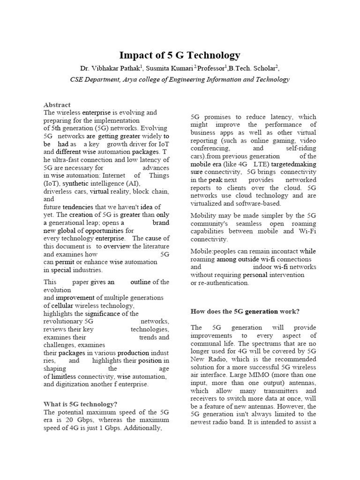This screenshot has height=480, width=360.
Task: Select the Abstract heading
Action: (x=57, y=105)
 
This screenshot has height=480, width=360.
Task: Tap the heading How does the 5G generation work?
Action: (x=245, y=311)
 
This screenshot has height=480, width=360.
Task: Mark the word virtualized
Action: (x=209, y=203)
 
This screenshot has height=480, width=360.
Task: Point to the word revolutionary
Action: (x=62, y=322)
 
